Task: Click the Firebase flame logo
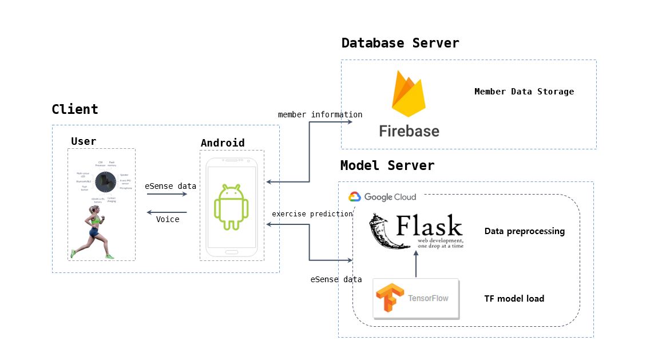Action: point(409,94)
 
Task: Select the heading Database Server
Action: point(400,43)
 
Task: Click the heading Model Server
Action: point(387,165)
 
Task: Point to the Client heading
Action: point(75,109)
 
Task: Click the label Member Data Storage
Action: point(524,92)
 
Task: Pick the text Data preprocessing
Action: point(524,231)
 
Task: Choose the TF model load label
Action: point(514,298)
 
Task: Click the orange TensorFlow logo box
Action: point(415,298)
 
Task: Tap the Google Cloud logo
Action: point(382,197)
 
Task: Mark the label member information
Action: point(320,114)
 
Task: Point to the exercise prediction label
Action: point(312,214)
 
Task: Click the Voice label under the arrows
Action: point(168,219)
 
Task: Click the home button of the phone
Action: point(232,251)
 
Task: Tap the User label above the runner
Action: point(84,141)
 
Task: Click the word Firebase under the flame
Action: point(409,131)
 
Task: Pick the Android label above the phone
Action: point(223,143)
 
